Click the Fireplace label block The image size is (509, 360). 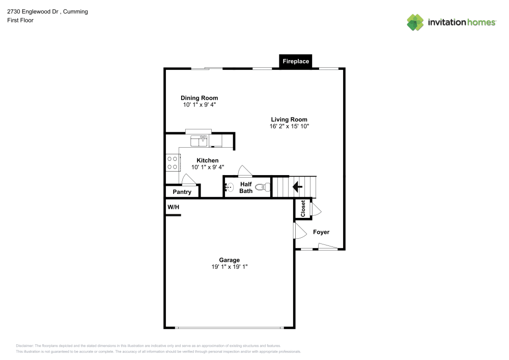[x=296, y=61]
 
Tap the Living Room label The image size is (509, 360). [x=289, y=120]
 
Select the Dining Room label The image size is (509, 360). [x=200, y=98]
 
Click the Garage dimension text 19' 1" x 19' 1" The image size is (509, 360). [x=230, y=267]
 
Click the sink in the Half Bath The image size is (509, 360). [x=229, y=187]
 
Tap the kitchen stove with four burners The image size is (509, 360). [x=173, y=162]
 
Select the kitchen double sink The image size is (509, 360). [x=199, y=139]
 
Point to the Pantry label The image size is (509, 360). [x=182, y=192]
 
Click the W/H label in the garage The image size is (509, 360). [x=174, y=207]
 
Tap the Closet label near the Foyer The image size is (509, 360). [x=303, y=209]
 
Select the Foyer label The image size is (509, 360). [x=321, y=232]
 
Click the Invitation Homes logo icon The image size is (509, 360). [x=415, y=22]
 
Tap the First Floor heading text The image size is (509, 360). [x=20, y=20]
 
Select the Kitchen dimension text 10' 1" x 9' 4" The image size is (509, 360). [x=208, y=167]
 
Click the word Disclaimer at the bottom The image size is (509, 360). [x=24, y=345]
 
